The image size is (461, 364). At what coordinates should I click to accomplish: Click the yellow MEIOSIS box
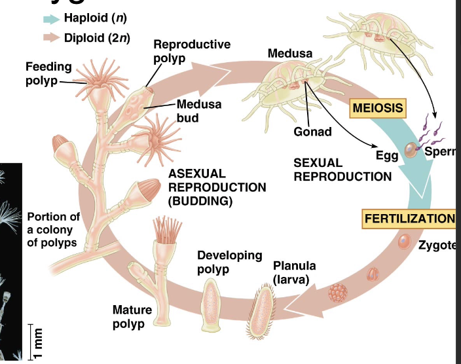click(377, 107)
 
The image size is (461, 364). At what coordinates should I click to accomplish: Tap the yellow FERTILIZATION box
click(409, 218)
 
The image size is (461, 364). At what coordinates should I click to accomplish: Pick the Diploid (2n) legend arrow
click(51, 37)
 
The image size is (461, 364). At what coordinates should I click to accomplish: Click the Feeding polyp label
click(44, 73)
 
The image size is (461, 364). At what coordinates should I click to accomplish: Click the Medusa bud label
click(198, 111)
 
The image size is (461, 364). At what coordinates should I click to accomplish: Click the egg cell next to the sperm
click(410, 151)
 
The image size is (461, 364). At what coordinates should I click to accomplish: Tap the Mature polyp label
click(132, 317)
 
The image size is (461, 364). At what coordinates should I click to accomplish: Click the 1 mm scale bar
click(30, 342)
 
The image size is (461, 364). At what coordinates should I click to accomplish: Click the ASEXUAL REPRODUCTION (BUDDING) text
click(217, 187)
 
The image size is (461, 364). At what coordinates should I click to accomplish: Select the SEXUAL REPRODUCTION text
click(342, 169)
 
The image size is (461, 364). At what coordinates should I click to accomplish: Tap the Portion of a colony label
click(53, 230)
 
